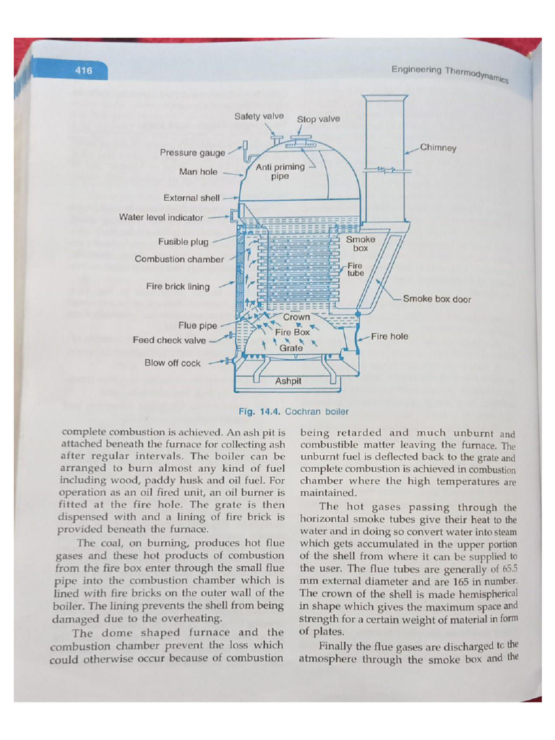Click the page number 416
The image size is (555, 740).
click(84, 71)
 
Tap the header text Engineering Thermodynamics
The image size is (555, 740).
click(449, 74)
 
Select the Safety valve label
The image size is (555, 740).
click(259, 116)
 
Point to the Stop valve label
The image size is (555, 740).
click(318, 119)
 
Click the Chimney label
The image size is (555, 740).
click(438, 147)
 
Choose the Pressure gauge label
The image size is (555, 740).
click(193, 153)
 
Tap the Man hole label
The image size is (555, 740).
click(198, 172)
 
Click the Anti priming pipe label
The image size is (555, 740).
click(280, 171)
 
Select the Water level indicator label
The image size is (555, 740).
click(163, 217)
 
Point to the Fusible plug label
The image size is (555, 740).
click(183, 242)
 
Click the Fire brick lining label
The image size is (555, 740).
click(178, 287)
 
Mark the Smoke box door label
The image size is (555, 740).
click(436, 299)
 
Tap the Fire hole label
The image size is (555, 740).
click(390, 336)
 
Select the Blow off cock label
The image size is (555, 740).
click(173, 363)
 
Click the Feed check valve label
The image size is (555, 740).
click(170, 340)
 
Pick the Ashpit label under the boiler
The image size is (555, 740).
click(288, 381)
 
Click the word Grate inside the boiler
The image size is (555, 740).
click(291, 348)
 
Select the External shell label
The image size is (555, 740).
click(192, 197)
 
